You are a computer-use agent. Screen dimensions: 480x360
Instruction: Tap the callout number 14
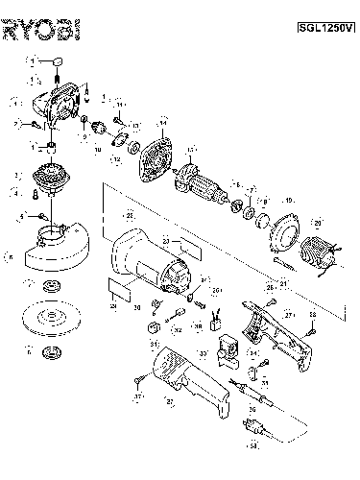click(162, 123)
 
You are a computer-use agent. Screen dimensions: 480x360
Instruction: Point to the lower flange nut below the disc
click(47, 349)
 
